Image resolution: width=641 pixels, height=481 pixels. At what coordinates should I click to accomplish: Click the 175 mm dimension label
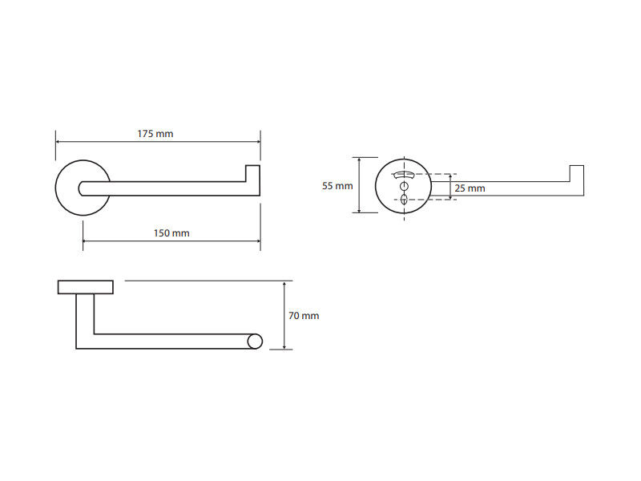(x=155, y=134)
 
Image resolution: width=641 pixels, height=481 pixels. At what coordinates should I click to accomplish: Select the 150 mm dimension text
(x=171, y=233)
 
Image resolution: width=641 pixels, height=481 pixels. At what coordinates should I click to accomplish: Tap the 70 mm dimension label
(x=304, y=316)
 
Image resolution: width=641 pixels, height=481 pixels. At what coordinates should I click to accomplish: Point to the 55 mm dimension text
(x=337, y=186)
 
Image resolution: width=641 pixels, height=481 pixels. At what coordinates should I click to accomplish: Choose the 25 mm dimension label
(x=470, y=188)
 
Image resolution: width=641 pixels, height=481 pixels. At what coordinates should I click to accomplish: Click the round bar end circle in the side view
(x=255, y=342)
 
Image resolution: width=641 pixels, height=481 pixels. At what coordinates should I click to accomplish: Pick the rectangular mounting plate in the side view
(x=86, y=287)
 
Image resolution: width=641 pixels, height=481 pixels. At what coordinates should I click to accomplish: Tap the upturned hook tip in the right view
(x=577, y=173)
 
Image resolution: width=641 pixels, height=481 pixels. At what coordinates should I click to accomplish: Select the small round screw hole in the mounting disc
(x=405, y=187)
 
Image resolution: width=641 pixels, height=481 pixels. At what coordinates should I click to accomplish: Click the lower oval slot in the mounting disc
(x=405, y=200)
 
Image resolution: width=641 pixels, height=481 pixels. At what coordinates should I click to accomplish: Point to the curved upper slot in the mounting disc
(x=404, y=176)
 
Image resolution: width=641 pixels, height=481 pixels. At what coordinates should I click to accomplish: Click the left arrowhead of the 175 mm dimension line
(x=58, y=142)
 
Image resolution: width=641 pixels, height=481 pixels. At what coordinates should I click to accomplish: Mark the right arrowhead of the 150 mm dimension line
(x=258, y=241)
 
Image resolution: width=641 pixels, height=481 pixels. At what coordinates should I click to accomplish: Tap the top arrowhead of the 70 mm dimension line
(x=284, y=284)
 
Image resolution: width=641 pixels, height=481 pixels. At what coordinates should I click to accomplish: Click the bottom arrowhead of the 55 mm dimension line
(x=359, y=210)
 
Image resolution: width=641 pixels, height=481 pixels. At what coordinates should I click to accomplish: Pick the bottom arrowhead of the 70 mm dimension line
(x=284, y=347)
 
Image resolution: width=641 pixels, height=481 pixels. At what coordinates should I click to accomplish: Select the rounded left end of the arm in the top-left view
(x=82, y=188)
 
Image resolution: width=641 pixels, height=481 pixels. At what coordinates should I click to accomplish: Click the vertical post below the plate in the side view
(x=85, y=321)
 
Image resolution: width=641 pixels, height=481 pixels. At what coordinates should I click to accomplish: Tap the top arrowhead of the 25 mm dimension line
(x=450, y=176)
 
